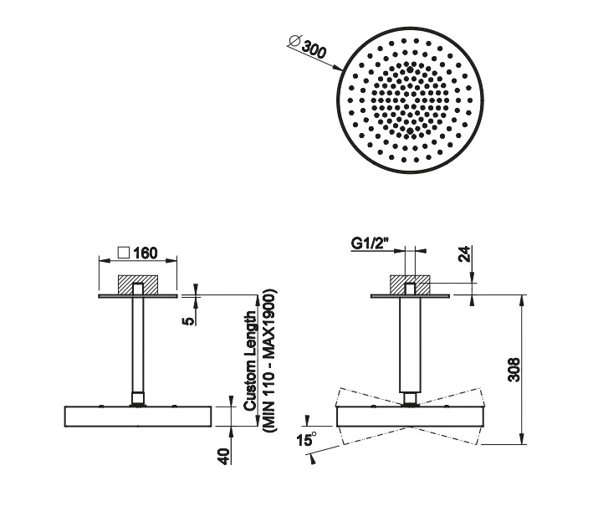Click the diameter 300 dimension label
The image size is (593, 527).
(307, 46)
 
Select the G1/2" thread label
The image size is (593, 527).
(370, 243)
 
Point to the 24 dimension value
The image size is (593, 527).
(464, 253)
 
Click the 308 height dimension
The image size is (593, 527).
(514, 370)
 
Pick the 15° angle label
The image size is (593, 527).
(307, 440)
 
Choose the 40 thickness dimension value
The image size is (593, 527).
(224, 457)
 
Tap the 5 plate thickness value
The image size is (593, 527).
(188, 321)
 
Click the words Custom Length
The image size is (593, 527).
(250, 361)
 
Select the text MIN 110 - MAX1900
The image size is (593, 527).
(269, 361)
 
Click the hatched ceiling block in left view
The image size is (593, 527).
(138, 284)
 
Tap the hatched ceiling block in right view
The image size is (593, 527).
(410, 284)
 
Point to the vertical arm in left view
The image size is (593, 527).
(138, 345)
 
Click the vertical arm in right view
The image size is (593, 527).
(410, 345)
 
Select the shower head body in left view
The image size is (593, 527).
(138, 417)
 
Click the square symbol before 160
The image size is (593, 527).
(124, 253)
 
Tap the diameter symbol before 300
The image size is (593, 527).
(294, 40)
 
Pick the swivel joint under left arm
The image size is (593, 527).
(138, 399)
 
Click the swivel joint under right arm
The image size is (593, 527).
(410, 399)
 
